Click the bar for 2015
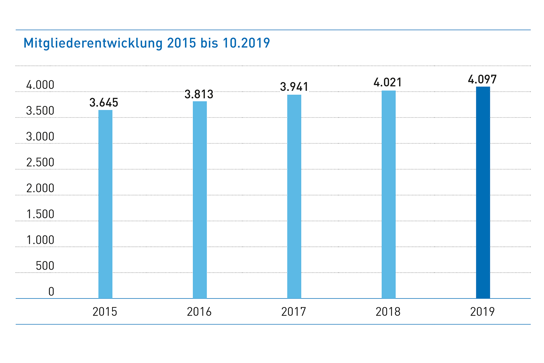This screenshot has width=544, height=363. [105, 204]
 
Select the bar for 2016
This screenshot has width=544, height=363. [200, 200]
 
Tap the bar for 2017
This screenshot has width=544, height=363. [294, 196]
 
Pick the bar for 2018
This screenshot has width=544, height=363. [388, 194]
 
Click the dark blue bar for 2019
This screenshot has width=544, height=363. [483, 192]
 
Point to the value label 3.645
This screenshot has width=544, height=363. [104, 103]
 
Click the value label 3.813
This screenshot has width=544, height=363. [199, 94]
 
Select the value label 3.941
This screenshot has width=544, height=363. [294, 87]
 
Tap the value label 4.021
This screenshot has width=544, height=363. [387, 82]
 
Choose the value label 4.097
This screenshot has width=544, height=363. [482, 80]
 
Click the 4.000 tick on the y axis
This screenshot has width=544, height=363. [40, 85]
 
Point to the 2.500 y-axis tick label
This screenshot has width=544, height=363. [40, 162]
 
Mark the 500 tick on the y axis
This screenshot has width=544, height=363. [45, 266]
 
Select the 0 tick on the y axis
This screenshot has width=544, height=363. [51, 292]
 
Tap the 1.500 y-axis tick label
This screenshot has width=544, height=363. [40, 214]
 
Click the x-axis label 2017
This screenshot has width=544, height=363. [293, 312]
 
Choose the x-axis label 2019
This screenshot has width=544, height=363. [482, 312]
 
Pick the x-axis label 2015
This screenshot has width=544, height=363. [105, 312]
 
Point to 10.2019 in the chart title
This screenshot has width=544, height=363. [246, 43]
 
